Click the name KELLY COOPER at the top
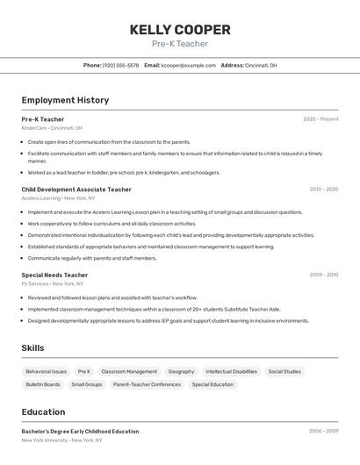tap(180, 30)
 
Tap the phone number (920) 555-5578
tap(120, 65)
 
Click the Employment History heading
tap(65, 100)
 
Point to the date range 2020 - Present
tap(320, 119)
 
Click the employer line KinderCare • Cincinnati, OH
tap(52, 128)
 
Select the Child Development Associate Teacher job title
tap(76, 190)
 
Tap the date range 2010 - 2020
tap(323, 190)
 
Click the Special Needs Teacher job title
tap(54, 275)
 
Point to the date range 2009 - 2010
tap(323, 275)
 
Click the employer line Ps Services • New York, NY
tap(52, 283)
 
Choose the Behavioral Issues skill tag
tap(47, 371)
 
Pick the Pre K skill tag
tap(84, 371)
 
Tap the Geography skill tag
tap(181, 371)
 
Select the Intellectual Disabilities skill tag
tap(231, 371)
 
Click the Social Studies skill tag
tap(284, 371)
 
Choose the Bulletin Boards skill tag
tap(43, 384)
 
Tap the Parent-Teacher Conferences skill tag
tap(147, 384)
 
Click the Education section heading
tap(43, 412)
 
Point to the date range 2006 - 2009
tap(323, 432)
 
